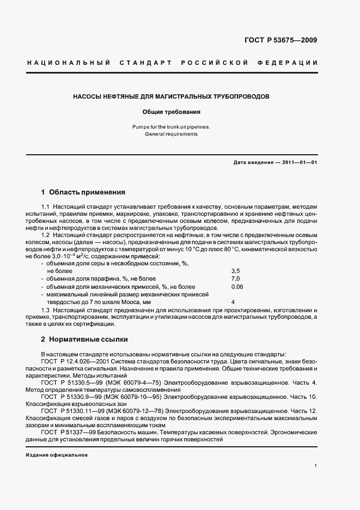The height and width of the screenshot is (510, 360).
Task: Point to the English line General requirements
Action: (x=171, y=134)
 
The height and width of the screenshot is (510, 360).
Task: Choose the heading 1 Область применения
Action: (x=83, y=192)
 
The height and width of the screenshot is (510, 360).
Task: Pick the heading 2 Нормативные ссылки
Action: (x=84, y=339)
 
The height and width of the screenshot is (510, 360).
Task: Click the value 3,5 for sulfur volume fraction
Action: (x=235, y=270)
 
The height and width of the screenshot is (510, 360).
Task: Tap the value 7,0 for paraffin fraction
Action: (x=235, y=278)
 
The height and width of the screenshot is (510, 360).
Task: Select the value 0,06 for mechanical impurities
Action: (x=237, y=286)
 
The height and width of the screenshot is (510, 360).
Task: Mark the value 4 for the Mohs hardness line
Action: (x=233, y=301)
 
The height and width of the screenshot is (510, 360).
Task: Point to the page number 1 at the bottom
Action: (x=315, y=466)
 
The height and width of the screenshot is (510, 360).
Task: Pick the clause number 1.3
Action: (x=46, y=309)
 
